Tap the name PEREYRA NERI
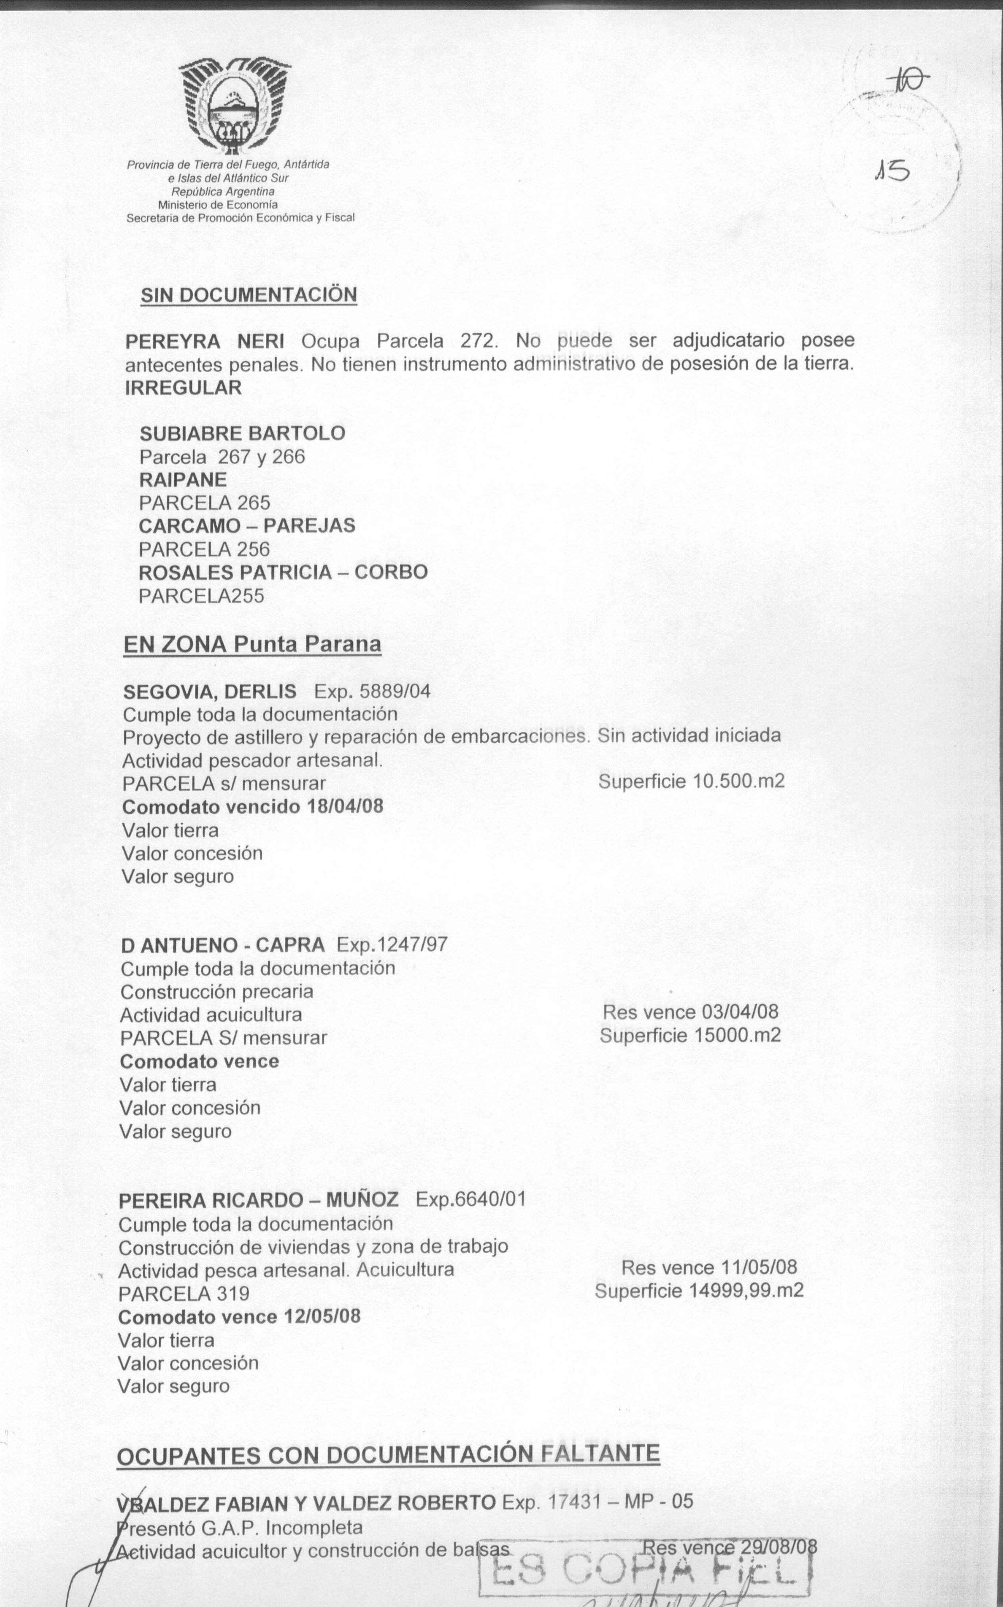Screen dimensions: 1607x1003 [204, 342]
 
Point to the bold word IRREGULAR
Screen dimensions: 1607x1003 [183, 388]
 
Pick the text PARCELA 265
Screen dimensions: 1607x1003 [204, 503]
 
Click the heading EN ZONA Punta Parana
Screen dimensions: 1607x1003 [252, 644]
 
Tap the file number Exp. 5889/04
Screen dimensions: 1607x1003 [372, 692]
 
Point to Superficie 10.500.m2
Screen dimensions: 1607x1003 [691, 781]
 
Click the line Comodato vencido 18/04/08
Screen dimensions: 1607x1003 [253, 807]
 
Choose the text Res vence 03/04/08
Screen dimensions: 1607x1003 [690, 1012]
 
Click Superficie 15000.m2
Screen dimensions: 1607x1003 [690, 1035]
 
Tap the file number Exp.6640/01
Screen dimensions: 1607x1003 [470, 1199]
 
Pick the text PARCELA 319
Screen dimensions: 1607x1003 [184, 1293]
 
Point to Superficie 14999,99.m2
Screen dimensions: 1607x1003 [699, 1291]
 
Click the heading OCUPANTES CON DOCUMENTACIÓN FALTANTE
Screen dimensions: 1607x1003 [388, 1455]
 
